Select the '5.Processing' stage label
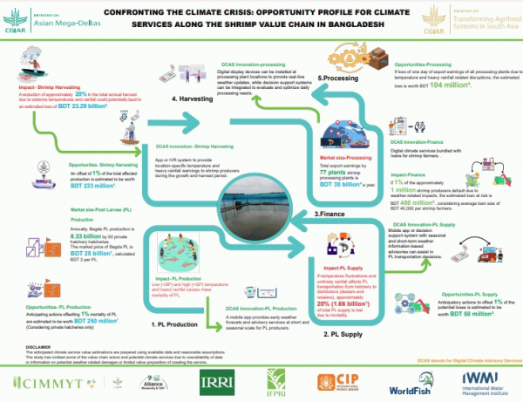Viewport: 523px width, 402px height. [x=336, y=78]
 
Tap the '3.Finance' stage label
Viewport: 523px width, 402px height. [x=329, y=213]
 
